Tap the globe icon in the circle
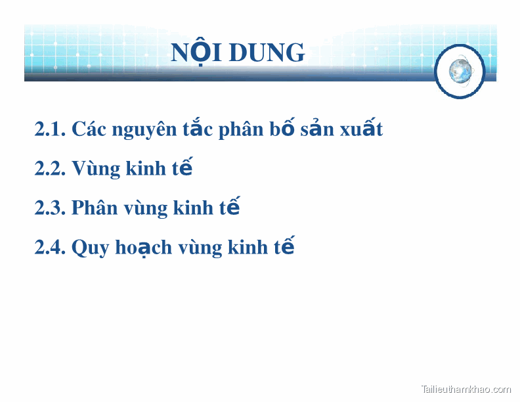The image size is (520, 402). [x=460, y=71]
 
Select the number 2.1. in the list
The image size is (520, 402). [x=50, y=129]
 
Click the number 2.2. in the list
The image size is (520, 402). [x=50, y=169]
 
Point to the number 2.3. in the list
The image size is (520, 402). [x=50, y=208]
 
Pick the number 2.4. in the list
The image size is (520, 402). [x=50, y=248]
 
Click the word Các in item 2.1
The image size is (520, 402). [x=89, y=129]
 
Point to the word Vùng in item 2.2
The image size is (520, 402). [x=96, y=169]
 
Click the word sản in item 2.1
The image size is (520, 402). [x=320, y=129]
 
